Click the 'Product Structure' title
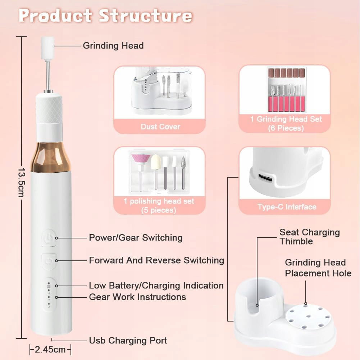[105, 15]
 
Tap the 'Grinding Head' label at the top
[113, 45]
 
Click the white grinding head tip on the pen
[48, 48]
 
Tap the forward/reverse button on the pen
[49, 261]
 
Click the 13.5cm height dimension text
[21, 182]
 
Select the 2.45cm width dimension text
[50, 350]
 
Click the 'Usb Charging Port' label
[128, 341]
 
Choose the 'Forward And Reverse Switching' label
[156, 260]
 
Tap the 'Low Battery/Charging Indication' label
[156, 286]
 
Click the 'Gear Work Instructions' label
[137, 297]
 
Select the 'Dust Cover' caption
[160, 127]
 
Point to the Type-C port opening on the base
[266, 177]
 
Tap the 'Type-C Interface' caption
[287, 207]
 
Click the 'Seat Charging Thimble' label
[310, 237]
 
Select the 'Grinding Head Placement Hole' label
[318, 268]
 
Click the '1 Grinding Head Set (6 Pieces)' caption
[286, 123]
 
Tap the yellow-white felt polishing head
[156, 162]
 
